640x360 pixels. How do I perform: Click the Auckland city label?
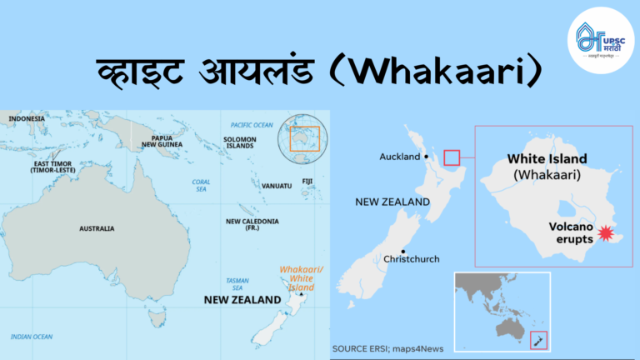(400, 156)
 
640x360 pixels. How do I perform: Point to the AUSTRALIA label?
(97, 228)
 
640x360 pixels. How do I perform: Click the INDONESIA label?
(27, 118)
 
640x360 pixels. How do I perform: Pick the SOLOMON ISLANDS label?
(240, 141)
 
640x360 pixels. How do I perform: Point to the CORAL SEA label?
(201, 185)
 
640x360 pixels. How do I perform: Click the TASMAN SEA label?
(236, 284)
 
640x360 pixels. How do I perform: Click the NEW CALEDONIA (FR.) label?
(245, 225)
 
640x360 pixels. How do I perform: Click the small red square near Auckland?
(452, 157)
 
